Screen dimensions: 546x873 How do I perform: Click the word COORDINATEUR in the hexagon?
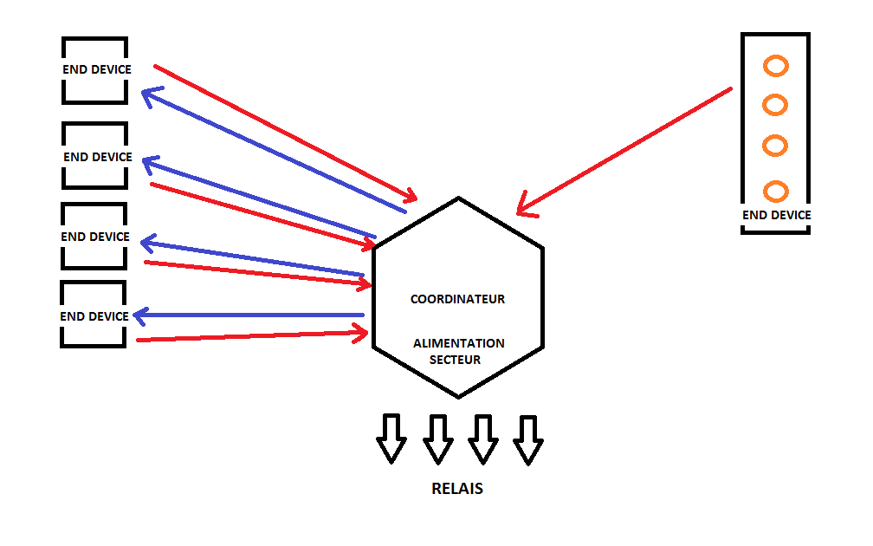pyautogui.click(x=457, y=299)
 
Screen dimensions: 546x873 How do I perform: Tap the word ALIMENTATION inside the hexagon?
pyautogui.click(x=458, y=343)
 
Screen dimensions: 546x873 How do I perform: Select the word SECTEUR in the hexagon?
pyautogui.click(x=455, y=360)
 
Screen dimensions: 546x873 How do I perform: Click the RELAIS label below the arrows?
pyautogui.click(x=457, y=489)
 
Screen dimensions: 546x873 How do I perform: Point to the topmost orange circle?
pyautogui.click(x=775, y=66)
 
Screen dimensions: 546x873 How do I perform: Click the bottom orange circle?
pyautogui.click(x=775, y=191)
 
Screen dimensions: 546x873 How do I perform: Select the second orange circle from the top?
pyautogui.click(x=775, y=106)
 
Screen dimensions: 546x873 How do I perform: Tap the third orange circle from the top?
pyautogui.click(x=775, y=145)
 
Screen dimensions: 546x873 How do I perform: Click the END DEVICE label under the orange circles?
pyautogui.click(x=777, y=215)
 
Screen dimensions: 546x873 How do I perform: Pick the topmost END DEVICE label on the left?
pyautogui.click(x=97, y=69)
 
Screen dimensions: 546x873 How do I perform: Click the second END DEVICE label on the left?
pyautogui.click(x=98, y=157)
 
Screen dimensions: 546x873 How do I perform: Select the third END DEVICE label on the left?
pyautogui.click(x=95, y=237)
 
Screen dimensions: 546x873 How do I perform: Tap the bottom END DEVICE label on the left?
pyautogui.click(x=94, y=316)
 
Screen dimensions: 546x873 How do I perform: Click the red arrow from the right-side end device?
pyautogui.click(x=624, y=151)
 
